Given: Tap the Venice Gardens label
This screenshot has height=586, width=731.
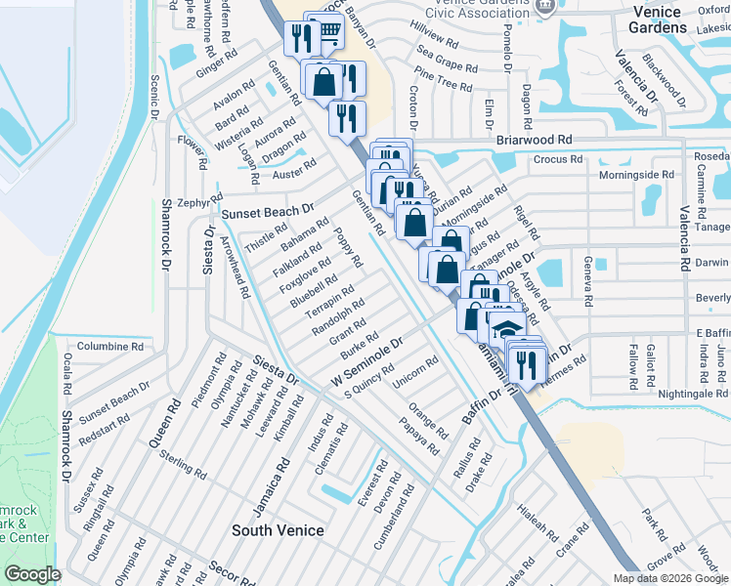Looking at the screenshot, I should pos(672,19).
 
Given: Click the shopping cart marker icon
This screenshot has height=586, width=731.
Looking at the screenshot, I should pos(329,31).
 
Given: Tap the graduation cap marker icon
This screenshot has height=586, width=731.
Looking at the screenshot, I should pos(504,328).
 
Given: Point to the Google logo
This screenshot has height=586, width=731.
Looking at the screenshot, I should pos(33,574).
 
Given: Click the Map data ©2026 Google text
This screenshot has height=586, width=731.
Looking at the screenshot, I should pos(670,578).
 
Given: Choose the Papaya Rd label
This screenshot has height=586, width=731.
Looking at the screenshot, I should pos(418,436).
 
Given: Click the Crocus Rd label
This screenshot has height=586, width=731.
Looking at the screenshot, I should pos(558,159).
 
